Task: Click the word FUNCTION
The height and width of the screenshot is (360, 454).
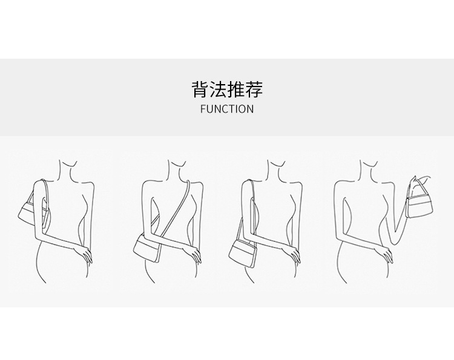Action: (x=227, y=110)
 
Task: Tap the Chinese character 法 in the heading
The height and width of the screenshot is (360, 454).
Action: (x=218, y=90)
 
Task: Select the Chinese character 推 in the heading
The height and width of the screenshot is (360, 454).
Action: (x=236, y=90)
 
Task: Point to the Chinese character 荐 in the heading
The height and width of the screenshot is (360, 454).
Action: (x=254, y=90)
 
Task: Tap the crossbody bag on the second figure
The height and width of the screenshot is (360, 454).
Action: (x=148, y=247)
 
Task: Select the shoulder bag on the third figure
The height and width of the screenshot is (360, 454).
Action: (x=245, y=248)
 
